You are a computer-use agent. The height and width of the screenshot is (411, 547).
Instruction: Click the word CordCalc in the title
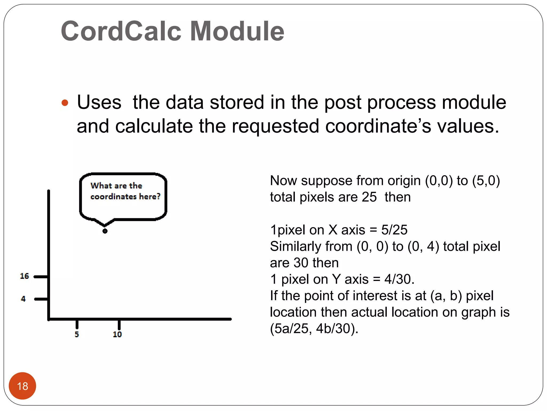click(122, 31)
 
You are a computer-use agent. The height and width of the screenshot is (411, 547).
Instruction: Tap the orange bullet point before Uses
click(65, 103)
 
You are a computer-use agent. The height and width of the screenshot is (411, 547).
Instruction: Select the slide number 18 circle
click(22, 386)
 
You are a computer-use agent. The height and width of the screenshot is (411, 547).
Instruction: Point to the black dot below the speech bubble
click(105, 231)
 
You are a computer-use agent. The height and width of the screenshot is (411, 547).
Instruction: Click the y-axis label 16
click(24, 276)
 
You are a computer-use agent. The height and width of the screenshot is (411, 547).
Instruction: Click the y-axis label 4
click(23, 299)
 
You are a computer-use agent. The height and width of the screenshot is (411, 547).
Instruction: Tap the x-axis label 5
click(77, 334)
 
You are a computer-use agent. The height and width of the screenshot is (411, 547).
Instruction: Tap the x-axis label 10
click(117, 334)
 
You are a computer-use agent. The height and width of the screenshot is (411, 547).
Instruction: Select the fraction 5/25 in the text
click(394, 230)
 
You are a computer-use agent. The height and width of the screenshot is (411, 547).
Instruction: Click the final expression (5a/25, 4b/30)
click(314, 329)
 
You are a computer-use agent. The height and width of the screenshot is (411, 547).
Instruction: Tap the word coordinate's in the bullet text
click(378, 126)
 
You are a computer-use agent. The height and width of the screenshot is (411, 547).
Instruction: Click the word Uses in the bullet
click(99, 102)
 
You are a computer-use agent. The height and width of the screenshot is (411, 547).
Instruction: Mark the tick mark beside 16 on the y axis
click(41, 277)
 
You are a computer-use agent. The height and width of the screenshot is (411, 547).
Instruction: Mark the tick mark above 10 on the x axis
click(119, 324)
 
